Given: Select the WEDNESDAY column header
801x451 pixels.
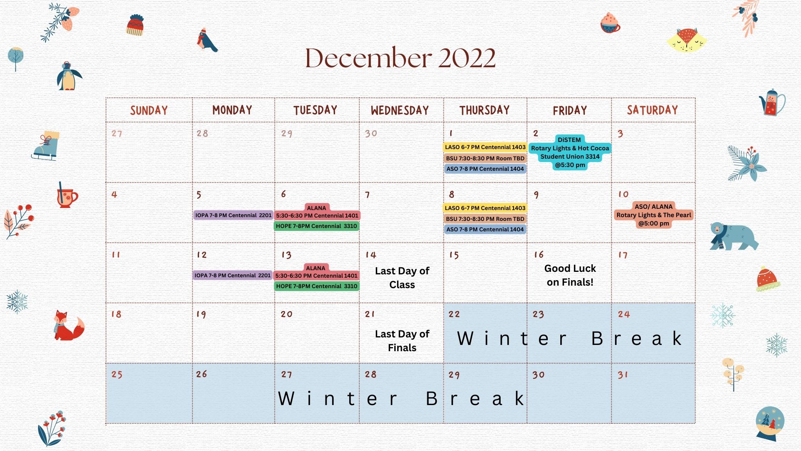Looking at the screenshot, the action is (400, 110).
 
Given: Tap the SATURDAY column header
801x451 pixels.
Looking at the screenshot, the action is (652, 110).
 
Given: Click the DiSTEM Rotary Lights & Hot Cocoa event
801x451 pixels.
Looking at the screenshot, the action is (569, 152).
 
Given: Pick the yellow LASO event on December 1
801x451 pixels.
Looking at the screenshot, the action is (485, 147).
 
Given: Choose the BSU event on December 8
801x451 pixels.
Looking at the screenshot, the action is (485, 219).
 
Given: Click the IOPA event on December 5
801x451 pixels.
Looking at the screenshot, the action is (233, 215).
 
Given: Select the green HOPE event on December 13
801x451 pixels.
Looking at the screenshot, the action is (317, 286).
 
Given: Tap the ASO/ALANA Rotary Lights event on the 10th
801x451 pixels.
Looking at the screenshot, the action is (654, 215).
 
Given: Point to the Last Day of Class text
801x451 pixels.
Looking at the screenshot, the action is (402, 278).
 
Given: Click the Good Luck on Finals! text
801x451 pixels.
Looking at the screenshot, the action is (570, 275).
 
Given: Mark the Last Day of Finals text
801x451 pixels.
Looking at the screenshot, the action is (402, 341).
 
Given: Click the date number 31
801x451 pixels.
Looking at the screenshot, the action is (623, 375).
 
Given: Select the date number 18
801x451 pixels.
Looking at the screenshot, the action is (116, 314).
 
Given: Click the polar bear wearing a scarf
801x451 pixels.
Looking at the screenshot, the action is (734, 236).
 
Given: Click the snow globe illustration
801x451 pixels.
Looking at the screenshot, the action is (770, 423).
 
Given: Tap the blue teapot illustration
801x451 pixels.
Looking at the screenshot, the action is (772, 102).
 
